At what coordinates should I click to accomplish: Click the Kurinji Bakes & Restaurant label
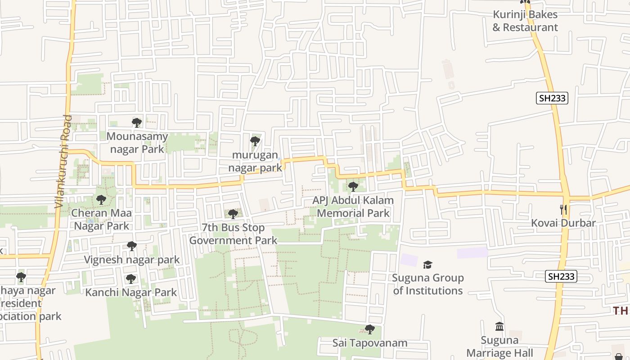pos(525,21)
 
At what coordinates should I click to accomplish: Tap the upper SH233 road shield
pos(552,98)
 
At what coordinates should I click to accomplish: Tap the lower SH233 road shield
pos(561,276)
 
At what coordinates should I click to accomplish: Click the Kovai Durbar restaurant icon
pos(562,210)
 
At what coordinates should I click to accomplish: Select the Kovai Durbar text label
pos(563,223)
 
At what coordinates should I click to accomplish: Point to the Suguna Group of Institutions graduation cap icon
pos(427,265)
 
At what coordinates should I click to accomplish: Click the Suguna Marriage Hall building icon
pos(499,327)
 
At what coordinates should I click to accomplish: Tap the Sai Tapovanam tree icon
pos(369,330)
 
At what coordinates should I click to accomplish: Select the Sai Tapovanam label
pos(369,343)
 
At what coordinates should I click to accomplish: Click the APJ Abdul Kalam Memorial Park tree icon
pos(353,186)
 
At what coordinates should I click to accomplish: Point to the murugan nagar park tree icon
pos(255,141)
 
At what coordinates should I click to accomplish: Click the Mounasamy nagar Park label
pos(137,143)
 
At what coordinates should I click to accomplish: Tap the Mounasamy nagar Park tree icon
pos(137,123)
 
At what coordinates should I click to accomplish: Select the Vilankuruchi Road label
pos(63,161)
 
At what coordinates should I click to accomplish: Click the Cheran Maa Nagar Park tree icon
pos(101,200)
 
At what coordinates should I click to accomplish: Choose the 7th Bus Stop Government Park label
pos(233,234)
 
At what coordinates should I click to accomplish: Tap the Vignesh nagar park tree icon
pos(131,247)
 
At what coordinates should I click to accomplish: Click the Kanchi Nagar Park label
pos(131,292)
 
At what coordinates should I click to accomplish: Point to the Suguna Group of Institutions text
pos(427,284)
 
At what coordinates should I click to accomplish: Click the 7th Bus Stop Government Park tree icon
pos(233,214)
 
